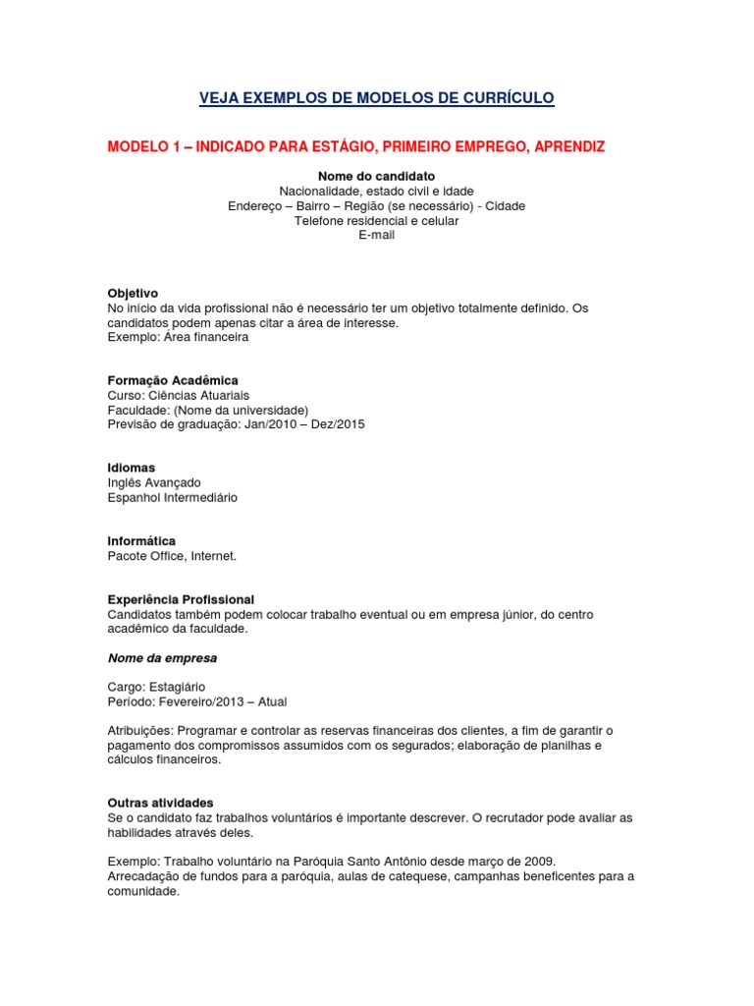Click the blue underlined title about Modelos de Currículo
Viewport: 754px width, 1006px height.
377,97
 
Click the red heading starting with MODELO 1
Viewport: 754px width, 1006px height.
355,146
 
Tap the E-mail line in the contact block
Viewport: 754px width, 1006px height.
376,236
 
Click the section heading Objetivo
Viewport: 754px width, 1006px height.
133,294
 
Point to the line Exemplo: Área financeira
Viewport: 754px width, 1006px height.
178,337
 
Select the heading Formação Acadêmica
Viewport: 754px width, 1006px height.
173,380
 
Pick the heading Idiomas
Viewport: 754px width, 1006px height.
132,468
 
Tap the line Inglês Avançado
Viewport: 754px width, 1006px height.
154,482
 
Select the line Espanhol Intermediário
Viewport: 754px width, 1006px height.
173,497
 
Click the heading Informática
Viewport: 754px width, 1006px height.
141,541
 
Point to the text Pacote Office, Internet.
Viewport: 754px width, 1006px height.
172,556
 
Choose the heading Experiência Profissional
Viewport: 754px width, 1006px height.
181,599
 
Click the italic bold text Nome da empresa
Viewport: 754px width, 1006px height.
162,658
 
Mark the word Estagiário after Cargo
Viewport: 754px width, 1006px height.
177,687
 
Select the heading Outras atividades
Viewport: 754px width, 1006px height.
160,803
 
